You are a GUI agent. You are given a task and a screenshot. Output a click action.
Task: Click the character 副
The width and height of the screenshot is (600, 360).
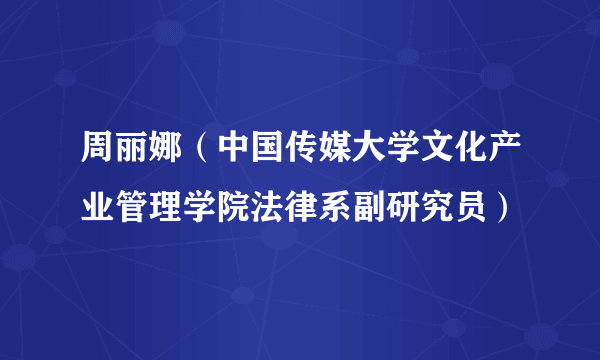369,209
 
